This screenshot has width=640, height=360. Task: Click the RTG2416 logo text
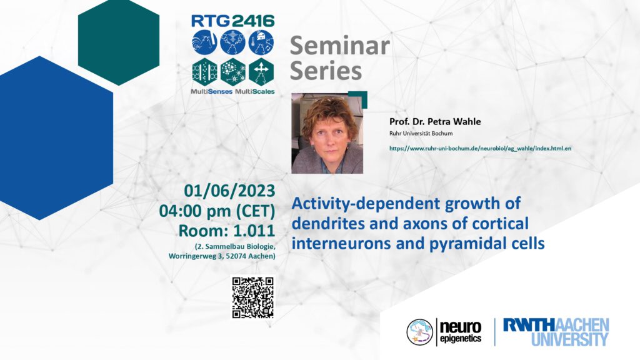point(232,21)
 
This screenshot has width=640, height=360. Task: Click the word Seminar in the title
point(339,45)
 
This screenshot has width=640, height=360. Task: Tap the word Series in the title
point(326,71)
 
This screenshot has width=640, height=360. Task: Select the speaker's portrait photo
point(327,133)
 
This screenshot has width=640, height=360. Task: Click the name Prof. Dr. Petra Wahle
point(435,122)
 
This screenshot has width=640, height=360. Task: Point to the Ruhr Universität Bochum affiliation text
point(421,134)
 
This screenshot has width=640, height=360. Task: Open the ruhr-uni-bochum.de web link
point(480,149)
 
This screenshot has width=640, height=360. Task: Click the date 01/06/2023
point(229,191)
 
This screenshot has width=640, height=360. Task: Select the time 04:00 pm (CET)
point(217,211)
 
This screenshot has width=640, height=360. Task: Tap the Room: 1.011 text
point(226,231)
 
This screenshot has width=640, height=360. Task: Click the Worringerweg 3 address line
point(222,256)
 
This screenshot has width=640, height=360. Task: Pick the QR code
point(252,297)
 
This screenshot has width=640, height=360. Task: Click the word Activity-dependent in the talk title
point(365,204)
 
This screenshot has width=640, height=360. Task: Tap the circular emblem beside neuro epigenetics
point(419,332)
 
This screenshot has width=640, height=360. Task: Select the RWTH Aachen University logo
point(556,332)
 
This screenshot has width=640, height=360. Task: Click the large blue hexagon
point(56,138)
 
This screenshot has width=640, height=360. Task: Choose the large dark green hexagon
point(119,42)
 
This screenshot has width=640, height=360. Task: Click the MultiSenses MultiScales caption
point(232,92)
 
